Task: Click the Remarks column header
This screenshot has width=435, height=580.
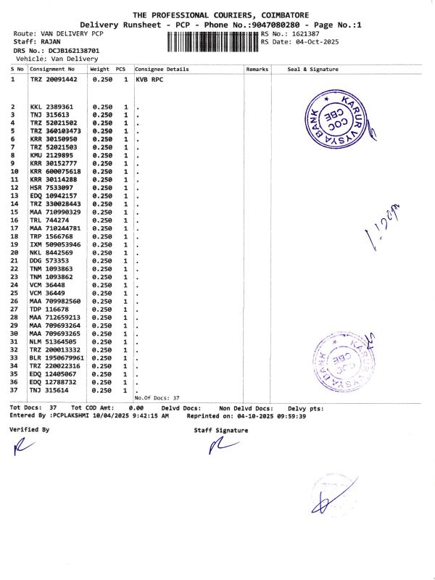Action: click(257, 69)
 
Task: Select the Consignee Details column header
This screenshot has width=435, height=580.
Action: click(162, 69)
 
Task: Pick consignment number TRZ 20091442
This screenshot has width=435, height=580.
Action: click(56, 79)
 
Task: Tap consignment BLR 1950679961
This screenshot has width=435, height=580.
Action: click(57, 358)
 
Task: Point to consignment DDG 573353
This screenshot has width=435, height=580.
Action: click(49, 260)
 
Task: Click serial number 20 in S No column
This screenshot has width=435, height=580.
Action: click(14, 252)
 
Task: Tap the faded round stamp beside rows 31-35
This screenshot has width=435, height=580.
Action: click(341, 362)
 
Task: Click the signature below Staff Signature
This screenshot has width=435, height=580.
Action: click(220, 448)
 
